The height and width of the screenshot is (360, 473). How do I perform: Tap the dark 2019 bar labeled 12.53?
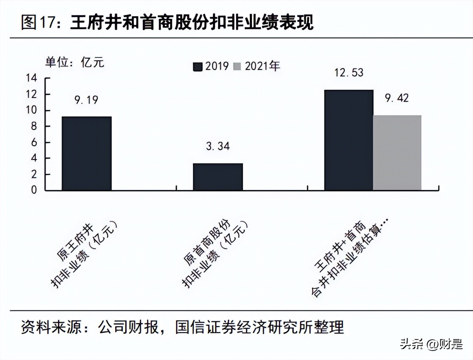coord(348,140)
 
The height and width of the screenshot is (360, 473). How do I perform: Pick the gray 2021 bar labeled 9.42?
coord(397,152)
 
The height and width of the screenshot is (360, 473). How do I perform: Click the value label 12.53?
coord(348,73)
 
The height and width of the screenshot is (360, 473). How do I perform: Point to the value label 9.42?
coord(397,98)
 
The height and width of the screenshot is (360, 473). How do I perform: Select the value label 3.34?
coord(218,146)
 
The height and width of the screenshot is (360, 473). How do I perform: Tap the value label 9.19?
coord(86,100)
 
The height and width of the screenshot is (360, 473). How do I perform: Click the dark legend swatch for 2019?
coord(197,67)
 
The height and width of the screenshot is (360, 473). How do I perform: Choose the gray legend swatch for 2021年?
coord(237,67)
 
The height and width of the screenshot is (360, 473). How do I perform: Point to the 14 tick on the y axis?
coord(32,78)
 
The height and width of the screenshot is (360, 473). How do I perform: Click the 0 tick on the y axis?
coord(34,190)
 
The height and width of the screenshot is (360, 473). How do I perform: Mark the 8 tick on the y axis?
coord(34,126)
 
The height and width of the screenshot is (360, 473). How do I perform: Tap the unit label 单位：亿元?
coord(75,62)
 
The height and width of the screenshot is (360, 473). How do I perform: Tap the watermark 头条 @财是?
coord(431,344)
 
